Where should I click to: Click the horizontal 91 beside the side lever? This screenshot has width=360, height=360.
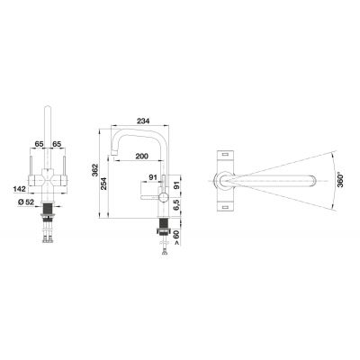pyautogui.click(x=152, y=175)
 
